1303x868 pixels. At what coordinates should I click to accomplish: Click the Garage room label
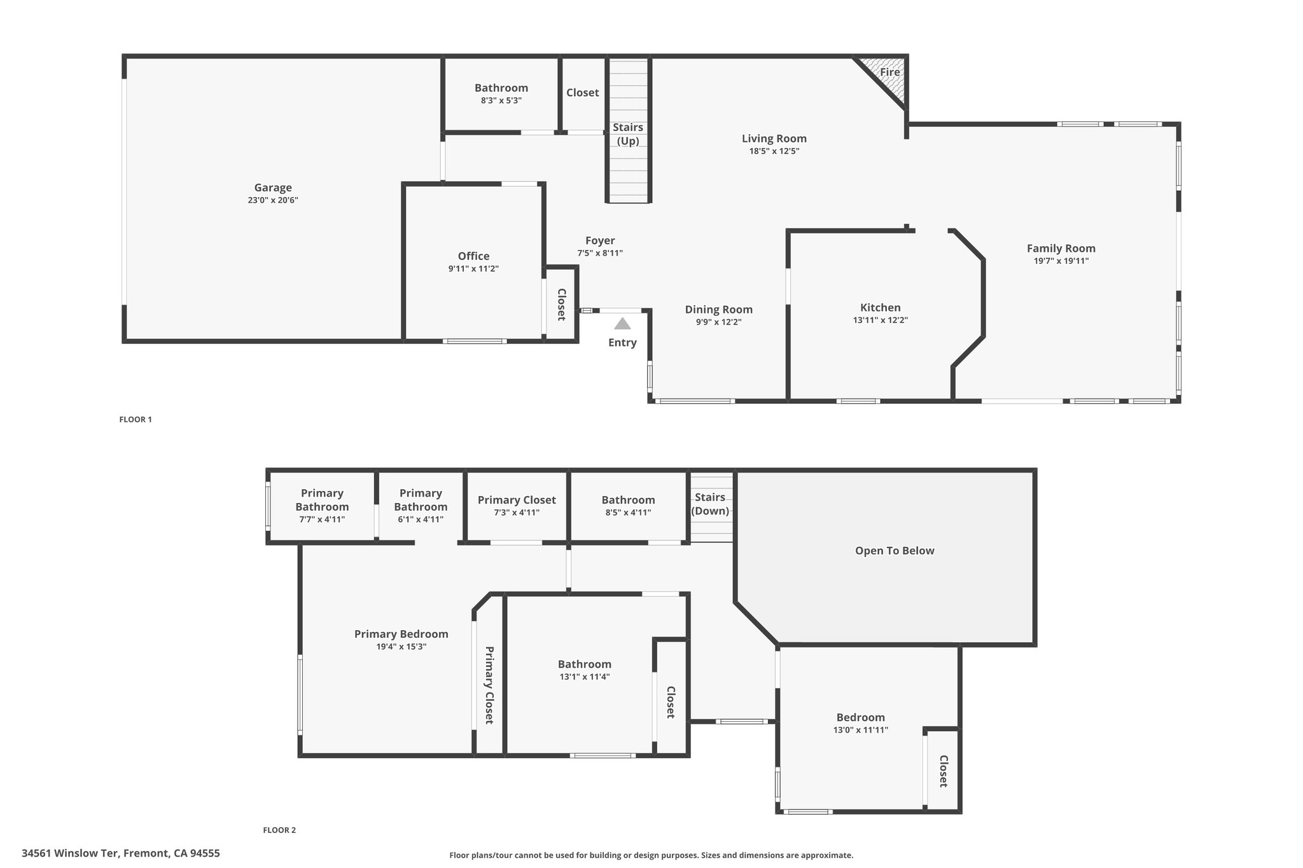[273, 188]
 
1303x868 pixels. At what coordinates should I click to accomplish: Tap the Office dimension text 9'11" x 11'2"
[473, 269]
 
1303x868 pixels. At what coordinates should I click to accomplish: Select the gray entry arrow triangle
[622, 324]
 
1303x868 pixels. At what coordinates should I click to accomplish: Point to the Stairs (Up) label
[628, 134]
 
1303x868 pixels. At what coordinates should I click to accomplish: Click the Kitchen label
[881, 308]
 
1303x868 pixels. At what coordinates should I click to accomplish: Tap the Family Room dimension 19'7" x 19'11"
[1061, 261]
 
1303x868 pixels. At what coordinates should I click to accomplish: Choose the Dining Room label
[719, 310]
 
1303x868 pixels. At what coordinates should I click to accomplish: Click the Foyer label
[600, 240]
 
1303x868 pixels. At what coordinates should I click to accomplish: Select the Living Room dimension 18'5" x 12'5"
[774, 151]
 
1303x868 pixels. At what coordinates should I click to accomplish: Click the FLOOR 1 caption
[136, 420]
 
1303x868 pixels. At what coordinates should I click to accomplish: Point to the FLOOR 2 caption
[279, 830]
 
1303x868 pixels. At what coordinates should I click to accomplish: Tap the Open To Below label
[895, 551]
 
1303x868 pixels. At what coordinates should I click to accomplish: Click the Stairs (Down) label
[710, 504]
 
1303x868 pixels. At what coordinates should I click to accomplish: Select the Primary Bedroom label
[401, 634]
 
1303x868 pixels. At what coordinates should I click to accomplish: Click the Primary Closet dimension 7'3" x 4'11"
[517, 513]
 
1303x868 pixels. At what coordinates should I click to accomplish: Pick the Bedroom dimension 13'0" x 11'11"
[861, 730]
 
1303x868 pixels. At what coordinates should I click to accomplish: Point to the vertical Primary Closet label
[489, 685]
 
